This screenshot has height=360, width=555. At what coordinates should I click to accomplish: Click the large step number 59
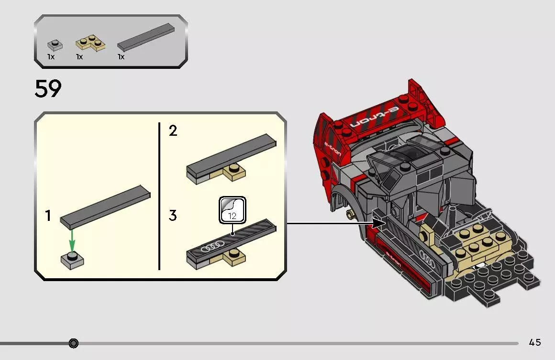48,89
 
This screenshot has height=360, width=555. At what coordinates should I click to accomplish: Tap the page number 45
535,342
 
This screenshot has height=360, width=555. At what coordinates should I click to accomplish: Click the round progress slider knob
74,343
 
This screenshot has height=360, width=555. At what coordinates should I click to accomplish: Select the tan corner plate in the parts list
90,43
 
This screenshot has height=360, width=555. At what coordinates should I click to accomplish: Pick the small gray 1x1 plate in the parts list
55,45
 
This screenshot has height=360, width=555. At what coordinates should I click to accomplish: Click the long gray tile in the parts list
146,37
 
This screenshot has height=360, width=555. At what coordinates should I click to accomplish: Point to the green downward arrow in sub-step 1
72,240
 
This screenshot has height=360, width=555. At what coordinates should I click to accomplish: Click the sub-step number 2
173,131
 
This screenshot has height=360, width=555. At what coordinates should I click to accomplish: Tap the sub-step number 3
173,215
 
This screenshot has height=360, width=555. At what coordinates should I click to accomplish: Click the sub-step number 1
48,216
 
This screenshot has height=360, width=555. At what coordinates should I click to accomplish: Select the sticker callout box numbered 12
232,210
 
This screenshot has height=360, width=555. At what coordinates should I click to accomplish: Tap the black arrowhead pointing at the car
379,223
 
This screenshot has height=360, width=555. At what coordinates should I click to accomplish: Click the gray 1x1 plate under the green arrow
72,261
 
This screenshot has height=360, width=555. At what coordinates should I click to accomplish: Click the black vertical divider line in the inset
159,196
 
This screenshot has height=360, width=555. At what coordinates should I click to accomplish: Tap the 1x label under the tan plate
79,57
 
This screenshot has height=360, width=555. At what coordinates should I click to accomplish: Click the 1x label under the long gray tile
121,57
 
